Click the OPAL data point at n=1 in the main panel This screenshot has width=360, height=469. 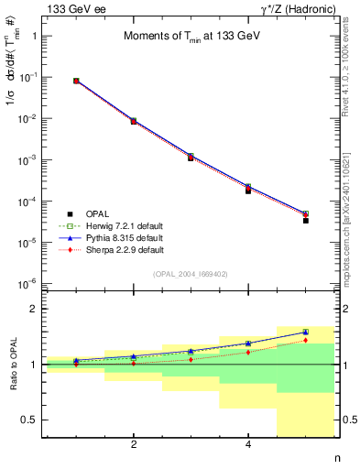point(76,82)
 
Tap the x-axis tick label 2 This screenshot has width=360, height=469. point(134,445)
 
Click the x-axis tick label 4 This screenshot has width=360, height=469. point(248,445)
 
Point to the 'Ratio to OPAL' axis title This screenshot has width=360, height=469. point(13,365)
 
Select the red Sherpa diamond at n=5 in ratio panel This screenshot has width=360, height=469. point(305,340)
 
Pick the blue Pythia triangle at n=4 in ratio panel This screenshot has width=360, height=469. point(248,344)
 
